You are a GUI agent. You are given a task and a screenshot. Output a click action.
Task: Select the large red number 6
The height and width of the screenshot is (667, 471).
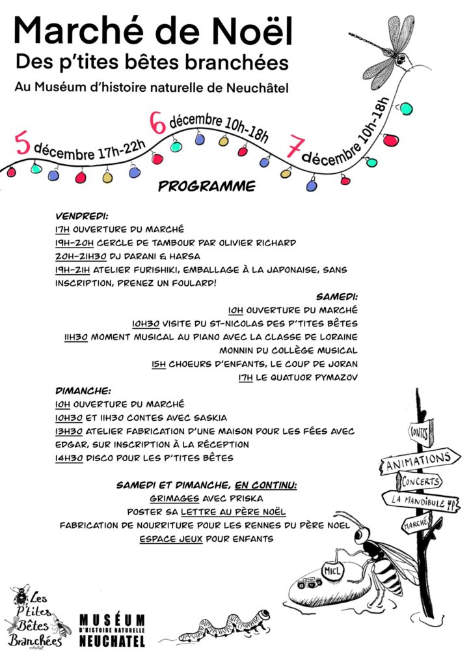tap(157, 122)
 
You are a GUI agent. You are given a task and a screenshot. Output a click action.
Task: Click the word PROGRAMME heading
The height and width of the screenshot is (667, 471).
tap(206, 187)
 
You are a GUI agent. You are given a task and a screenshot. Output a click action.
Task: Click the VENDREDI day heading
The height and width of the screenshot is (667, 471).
tap(81, 216)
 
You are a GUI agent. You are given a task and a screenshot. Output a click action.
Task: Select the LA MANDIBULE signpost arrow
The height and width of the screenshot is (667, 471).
tap(424, 501)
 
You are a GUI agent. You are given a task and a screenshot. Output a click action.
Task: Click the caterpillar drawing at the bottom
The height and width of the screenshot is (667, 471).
tap(224, 626)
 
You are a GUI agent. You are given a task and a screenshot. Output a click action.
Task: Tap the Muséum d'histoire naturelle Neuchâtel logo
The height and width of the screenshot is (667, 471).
tap(112, 629)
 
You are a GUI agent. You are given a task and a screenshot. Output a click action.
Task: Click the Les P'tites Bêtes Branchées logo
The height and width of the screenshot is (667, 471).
tap(37, 616)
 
